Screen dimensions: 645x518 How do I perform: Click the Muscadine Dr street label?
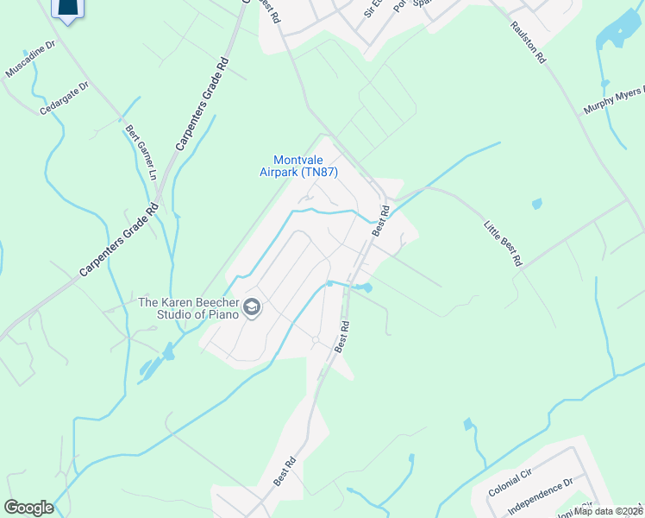tap(31, 58)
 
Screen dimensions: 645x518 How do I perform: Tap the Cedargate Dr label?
tap(65, 98)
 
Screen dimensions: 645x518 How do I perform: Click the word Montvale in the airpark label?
tap(299, 160)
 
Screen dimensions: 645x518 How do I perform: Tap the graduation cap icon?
tap(252, 307)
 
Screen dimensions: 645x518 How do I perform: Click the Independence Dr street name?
tap(540, 496)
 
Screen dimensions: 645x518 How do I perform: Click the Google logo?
tap(28, 508)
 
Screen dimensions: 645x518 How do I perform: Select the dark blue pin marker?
tap(69, 8)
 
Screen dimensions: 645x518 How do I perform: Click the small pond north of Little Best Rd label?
tap(537, 205)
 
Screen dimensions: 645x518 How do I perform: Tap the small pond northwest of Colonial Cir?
tap(468, 425)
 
